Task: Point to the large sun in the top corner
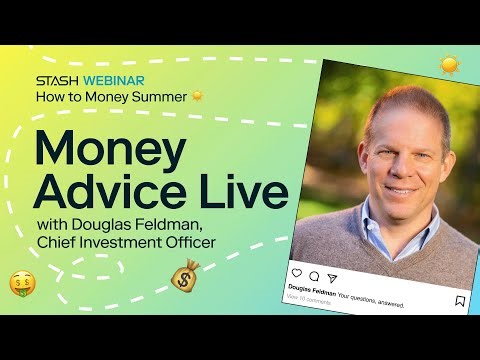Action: coord(449,66)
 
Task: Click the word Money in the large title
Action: coord(110,149)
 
